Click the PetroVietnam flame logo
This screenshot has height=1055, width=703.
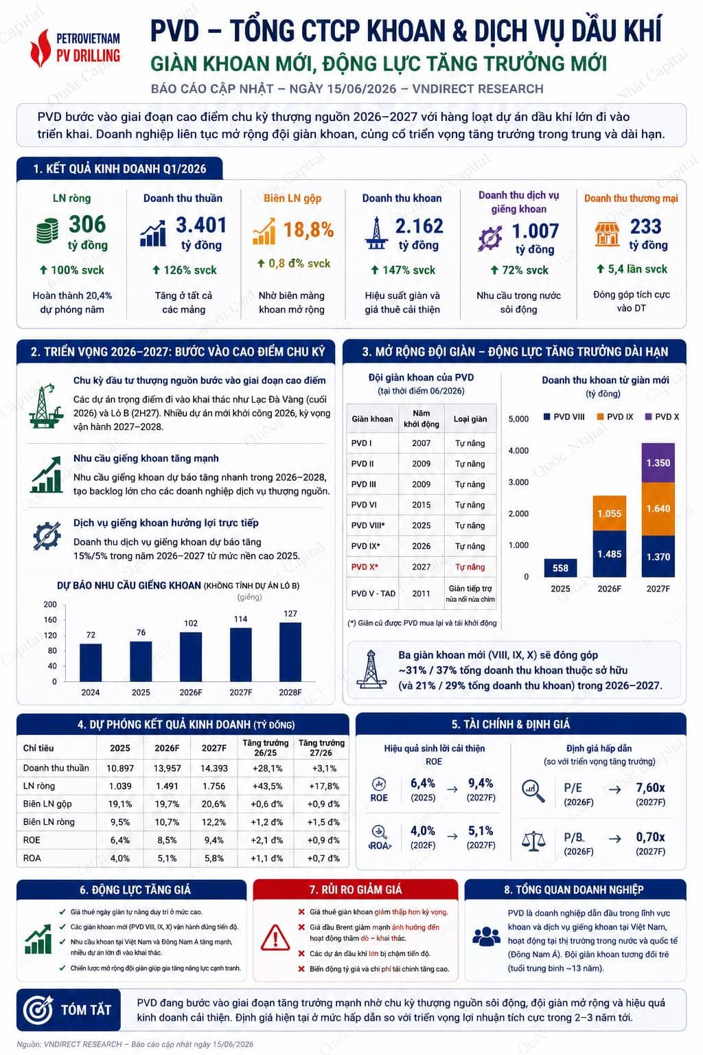(40, 48)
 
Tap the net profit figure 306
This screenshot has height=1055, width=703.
(88, 224)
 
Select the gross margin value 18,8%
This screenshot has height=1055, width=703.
(308, 230)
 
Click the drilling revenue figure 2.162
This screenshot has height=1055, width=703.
(419, 227)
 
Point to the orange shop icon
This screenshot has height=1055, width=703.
(607, 234)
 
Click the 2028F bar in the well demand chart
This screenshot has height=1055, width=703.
(290, 652)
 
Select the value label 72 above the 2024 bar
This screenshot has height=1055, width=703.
(91, 635)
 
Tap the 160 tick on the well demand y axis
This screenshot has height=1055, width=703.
(50, 620)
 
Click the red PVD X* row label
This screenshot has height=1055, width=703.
(365, 567)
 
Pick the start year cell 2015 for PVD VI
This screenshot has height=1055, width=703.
(421, 505)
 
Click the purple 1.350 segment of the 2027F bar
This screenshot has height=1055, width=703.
(658, 462)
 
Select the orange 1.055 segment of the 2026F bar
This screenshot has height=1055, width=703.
(610, 513)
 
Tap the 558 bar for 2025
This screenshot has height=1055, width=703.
(560, 568)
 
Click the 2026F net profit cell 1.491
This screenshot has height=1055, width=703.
(167, 786)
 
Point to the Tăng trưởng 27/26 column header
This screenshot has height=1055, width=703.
(321, 747)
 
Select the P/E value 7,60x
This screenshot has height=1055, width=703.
(650, 788)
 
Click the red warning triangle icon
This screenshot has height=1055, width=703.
(275, 937)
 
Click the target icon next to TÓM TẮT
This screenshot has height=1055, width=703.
(38, 1009)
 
